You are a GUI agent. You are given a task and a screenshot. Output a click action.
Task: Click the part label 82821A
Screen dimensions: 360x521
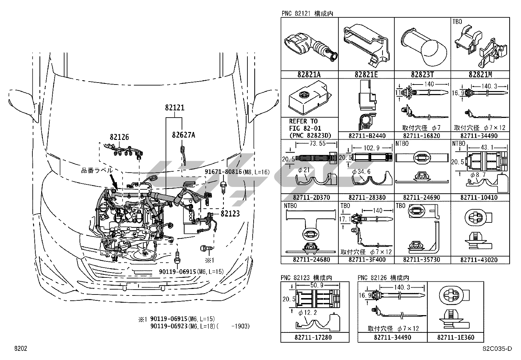pyautogui.click(x=309, y=75)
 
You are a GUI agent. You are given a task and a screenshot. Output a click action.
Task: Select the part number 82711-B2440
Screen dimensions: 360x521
pyautogui.click(x=367, y=136)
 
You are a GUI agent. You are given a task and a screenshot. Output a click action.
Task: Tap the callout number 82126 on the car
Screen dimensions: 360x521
pyautogui.click(x=119, y=137)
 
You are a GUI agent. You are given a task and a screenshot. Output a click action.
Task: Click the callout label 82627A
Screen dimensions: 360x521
pyautogui.click(x=183, y=135)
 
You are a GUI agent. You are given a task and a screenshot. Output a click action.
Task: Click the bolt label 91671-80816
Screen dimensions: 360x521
pyautogui.click(x=223, y=172)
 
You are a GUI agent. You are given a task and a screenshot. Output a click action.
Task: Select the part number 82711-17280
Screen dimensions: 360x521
pyautogui.click(x=315, y=337)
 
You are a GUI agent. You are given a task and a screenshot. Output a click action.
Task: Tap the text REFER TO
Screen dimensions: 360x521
pyautogui.click(x=303, y=121)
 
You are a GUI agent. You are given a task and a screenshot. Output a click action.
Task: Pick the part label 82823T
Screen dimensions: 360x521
pyautogui.click(x=422, y=75)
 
